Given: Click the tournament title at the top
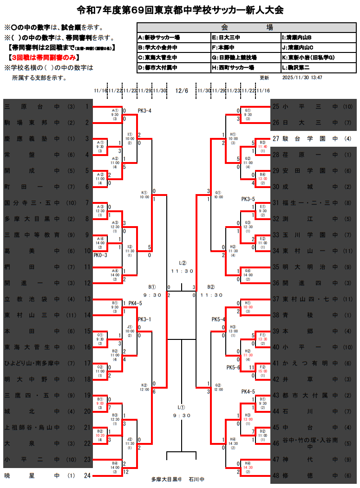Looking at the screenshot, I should click(180, 10).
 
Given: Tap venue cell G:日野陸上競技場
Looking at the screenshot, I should click(234, 57).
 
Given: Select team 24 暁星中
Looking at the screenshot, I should click(46, 475).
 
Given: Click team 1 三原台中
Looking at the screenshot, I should click(46, 107).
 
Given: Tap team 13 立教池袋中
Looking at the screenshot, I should click(46, 299).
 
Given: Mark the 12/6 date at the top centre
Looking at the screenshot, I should click(182, 91).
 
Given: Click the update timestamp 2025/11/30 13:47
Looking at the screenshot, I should click(302, 78).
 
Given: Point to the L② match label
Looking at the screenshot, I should click(182, 262).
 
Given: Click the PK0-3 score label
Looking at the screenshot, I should click(100, 255).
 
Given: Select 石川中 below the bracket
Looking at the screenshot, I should click(196, 479).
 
